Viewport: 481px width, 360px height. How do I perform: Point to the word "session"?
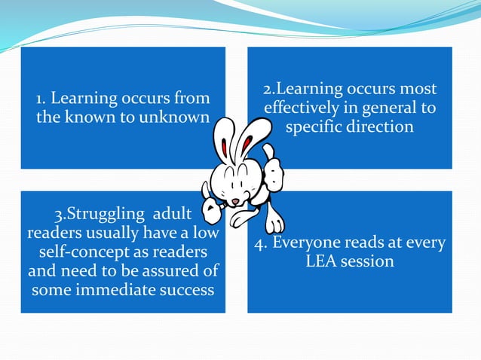tap(367, 261)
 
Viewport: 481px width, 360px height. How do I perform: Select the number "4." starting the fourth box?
tap(259, 243)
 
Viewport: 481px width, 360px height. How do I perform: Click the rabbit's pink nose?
tap(236, 201)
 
